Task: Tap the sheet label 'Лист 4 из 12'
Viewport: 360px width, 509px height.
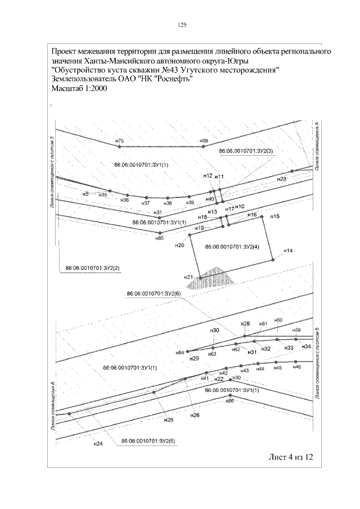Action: pos(289,456)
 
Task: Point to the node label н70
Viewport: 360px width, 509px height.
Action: pos(119,140)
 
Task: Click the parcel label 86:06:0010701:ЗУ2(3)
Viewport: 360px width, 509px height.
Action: pos(246,151)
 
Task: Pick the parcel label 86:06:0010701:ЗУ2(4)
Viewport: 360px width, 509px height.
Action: pos(232,246)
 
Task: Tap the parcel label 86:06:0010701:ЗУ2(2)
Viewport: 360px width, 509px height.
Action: pos(93,267)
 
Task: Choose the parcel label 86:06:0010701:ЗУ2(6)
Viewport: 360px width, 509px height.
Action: pos(154,294)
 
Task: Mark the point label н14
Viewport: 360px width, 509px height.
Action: pos(288,250)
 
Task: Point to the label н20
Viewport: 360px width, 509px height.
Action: pos(179,245)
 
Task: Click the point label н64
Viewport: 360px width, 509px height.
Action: pos(180,352)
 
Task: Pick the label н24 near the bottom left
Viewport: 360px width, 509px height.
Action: pos(98,444)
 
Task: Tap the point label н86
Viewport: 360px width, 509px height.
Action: pos(229,401)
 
